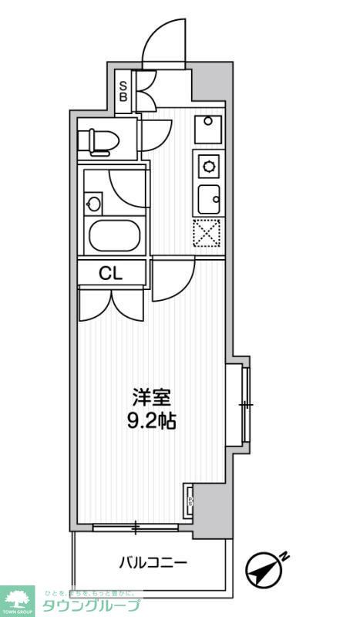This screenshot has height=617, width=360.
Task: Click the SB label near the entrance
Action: click(123, 92)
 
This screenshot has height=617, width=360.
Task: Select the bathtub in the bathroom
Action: click(113, 235)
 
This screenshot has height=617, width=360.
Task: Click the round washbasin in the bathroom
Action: click(94, 204)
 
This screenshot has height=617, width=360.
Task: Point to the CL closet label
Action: click(110, 272)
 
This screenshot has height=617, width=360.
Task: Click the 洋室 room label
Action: click(150, 398)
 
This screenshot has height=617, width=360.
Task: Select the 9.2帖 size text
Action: click(150, 422)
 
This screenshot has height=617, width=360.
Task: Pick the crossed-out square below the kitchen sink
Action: click(207, 233)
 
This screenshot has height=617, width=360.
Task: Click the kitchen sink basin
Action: click(208, 201)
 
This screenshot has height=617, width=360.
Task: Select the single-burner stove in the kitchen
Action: click(208, 164)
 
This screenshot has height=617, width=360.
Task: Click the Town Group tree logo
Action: click(18, 599)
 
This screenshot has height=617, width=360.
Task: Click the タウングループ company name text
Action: click(91, 605)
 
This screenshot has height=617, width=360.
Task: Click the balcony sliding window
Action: click(136, 528)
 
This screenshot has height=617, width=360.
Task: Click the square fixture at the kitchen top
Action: click(207, 128)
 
